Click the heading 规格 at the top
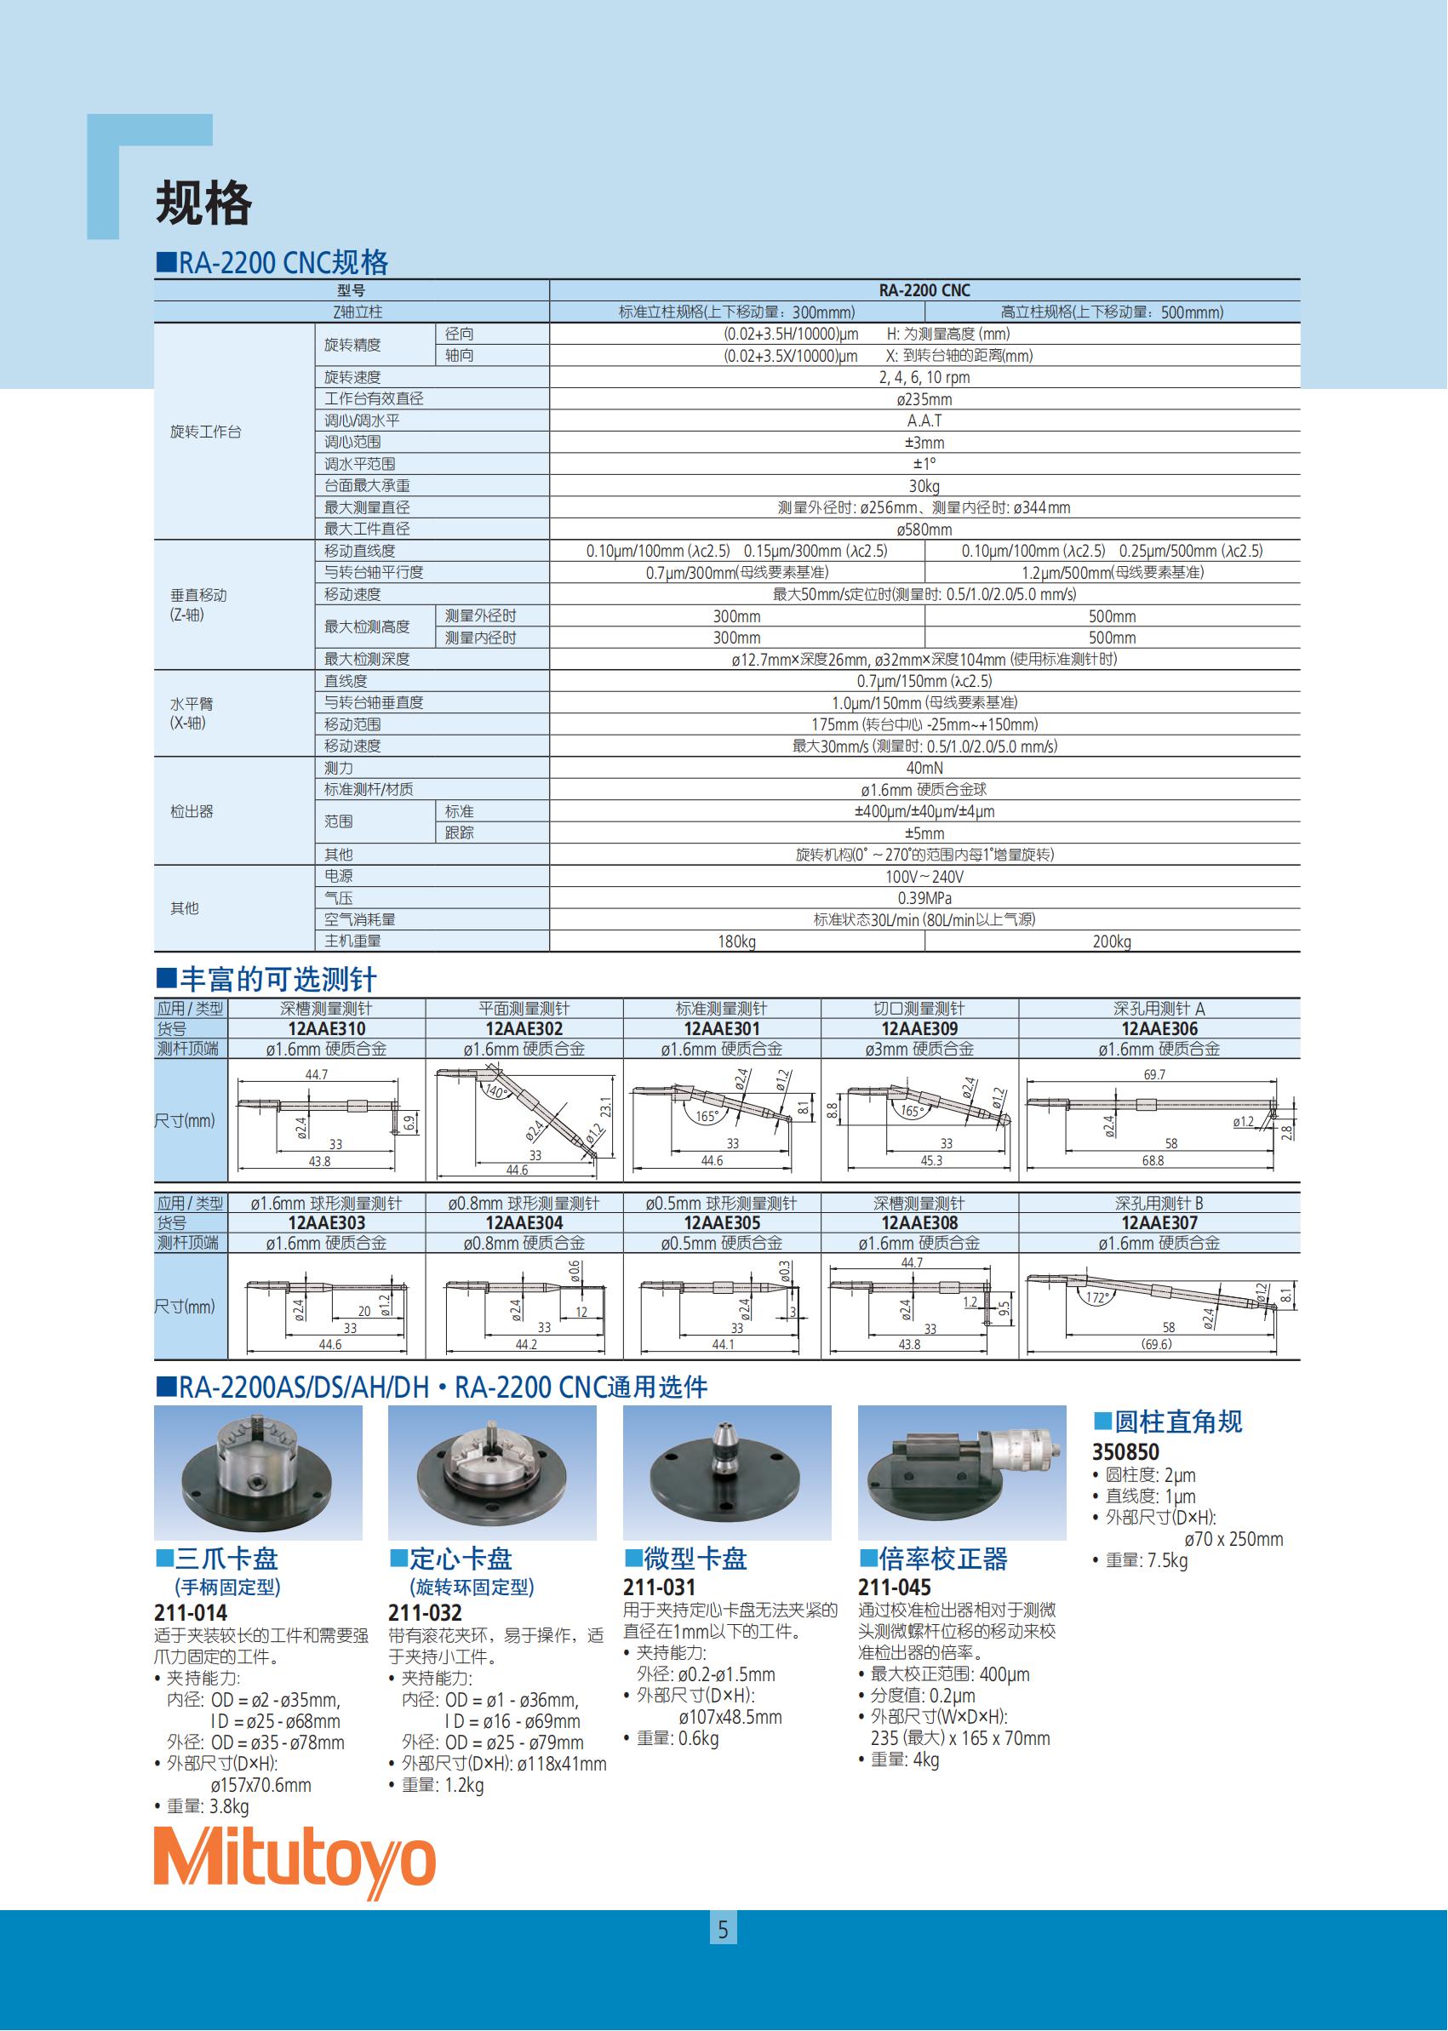203,203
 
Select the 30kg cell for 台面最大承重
924,486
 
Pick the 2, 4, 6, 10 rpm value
924,377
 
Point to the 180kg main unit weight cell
736,941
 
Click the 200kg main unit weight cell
1111,941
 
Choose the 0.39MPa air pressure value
924,898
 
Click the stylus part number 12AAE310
326,1029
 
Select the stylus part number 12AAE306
1159,1029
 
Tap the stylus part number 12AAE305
721,1223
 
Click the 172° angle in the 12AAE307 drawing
1096,1298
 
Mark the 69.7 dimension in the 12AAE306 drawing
1153,1075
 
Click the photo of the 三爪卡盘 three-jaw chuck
258,1473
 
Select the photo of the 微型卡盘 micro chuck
727,1473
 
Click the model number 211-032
426,1613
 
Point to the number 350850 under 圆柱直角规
1125,1452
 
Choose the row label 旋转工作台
206,432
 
